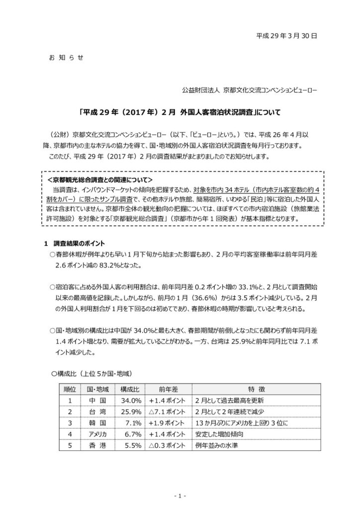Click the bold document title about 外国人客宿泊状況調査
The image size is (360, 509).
pos(180,113)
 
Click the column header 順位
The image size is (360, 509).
pos(70,388)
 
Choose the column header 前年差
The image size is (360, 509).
pos(167,388)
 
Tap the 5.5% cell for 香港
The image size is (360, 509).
pos(130,446)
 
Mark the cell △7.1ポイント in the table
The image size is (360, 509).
pos(167,412)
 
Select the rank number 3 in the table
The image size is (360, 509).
pos(70,423)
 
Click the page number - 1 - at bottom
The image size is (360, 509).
pos(180,496)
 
